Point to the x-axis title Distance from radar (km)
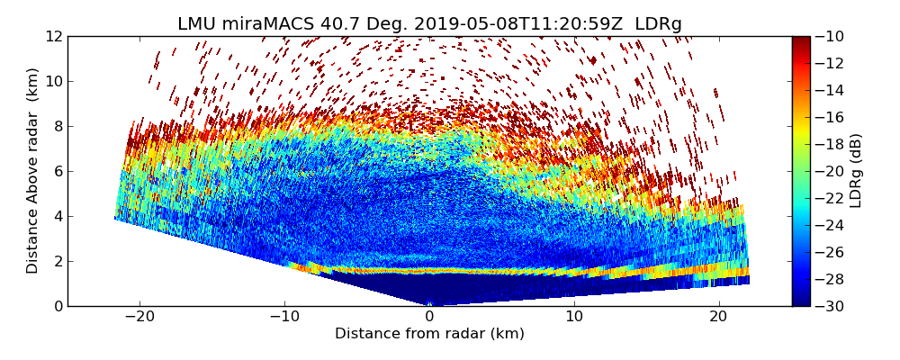[429, 334]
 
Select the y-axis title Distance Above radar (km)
[33, 170]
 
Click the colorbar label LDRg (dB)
[856, 170]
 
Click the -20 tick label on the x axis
[139, 317]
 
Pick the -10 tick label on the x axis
[284, 317]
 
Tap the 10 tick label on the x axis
[574, 317]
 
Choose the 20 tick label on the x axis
[718, 317]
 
